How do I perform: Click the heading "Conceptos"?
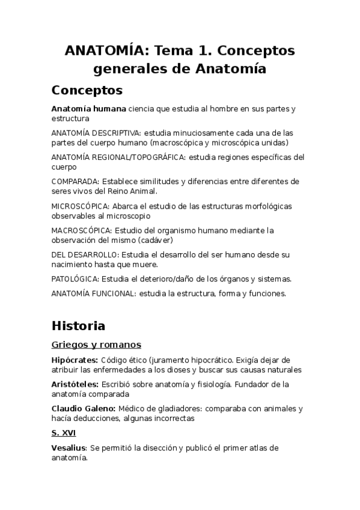(x=87, y=90)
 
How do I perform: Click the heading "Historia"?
(x=78, y=326)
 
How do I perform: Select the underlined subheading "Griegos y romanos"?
(x=96, y=345)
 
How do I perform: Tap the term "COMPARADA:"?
(x=76, y=181)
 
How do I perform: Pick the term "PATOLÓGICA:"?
(x=75, y=278)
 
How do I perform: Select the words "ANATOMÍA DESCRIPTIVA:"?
(x=96, y=132)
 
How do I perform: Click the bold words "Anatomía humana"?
(x=89, y=109)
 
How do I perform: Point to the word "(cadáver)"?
(x=188, y=239)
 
